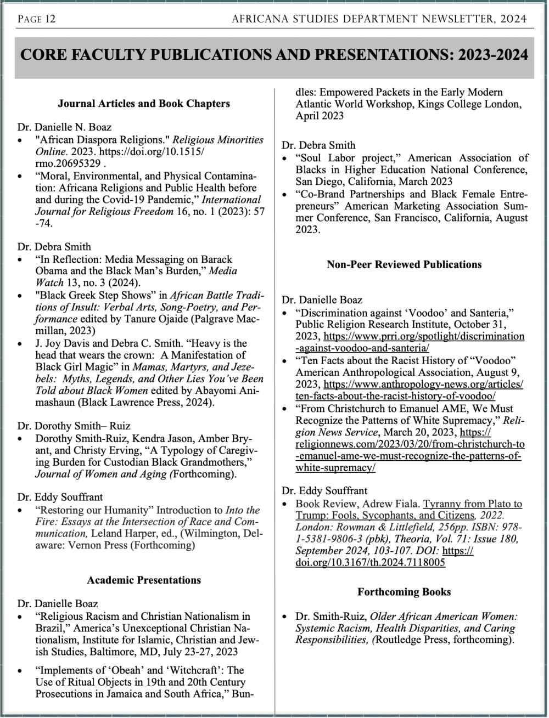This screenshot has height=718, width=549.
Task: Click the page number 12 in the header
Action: [49, 20]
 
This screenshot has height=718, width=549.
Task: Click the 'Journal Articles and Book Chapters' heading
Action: [144, 103]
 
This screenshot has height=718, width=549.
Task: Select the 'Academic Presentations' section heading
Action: [144, 580]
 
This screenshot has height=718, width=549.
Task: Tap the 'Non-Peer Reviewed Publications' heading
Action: [404, 264]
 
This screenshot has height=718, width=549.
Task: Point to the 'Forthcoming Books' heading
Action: [404, 592]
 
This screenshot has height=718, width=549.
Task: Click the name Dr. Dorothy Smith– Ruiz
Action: [74, 426]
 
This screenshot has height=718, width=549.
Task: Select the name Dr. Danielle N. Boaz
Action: [64, 127]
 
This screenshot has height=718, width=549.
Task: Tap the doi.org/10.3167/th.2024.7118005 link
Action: [371, 562]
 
